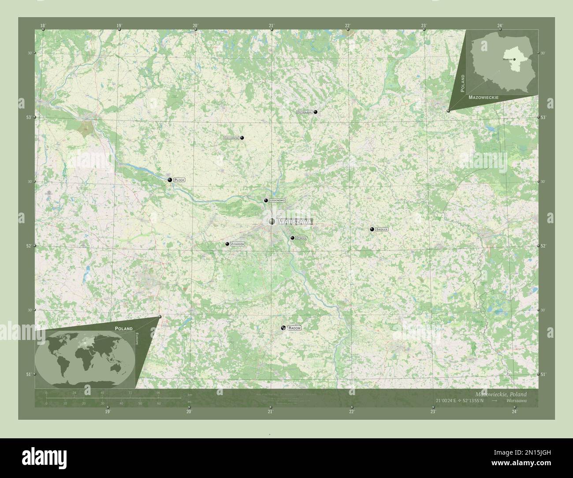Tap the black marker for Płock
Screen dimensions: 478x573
(170, 180)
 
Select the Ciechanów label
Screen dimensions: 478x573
(231, 138)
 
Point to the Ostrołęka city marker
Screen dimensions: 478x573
(316, 112)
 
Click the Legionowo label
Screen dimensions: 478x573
(277, 201)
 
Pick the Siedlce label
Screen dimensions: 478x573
(382, 229)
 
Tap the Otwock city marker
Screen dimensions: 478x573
(292, 238)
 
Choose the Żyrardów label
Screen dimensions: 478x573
(237, 244)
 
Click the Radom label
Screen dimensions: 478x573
(294, 329)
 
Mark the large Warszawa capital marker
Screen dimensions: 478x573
(272, 221)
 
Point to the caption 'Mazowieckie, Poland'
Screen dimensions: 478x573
(501, 394)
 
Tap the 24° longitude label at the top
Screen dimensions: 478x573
(499, 26)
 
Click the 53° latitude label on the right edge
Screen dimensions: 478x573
(543, 117)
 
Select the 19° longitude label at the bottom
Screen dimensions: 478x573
(107, 412)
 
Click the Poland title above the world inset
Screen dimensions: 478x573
(123, 329)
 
